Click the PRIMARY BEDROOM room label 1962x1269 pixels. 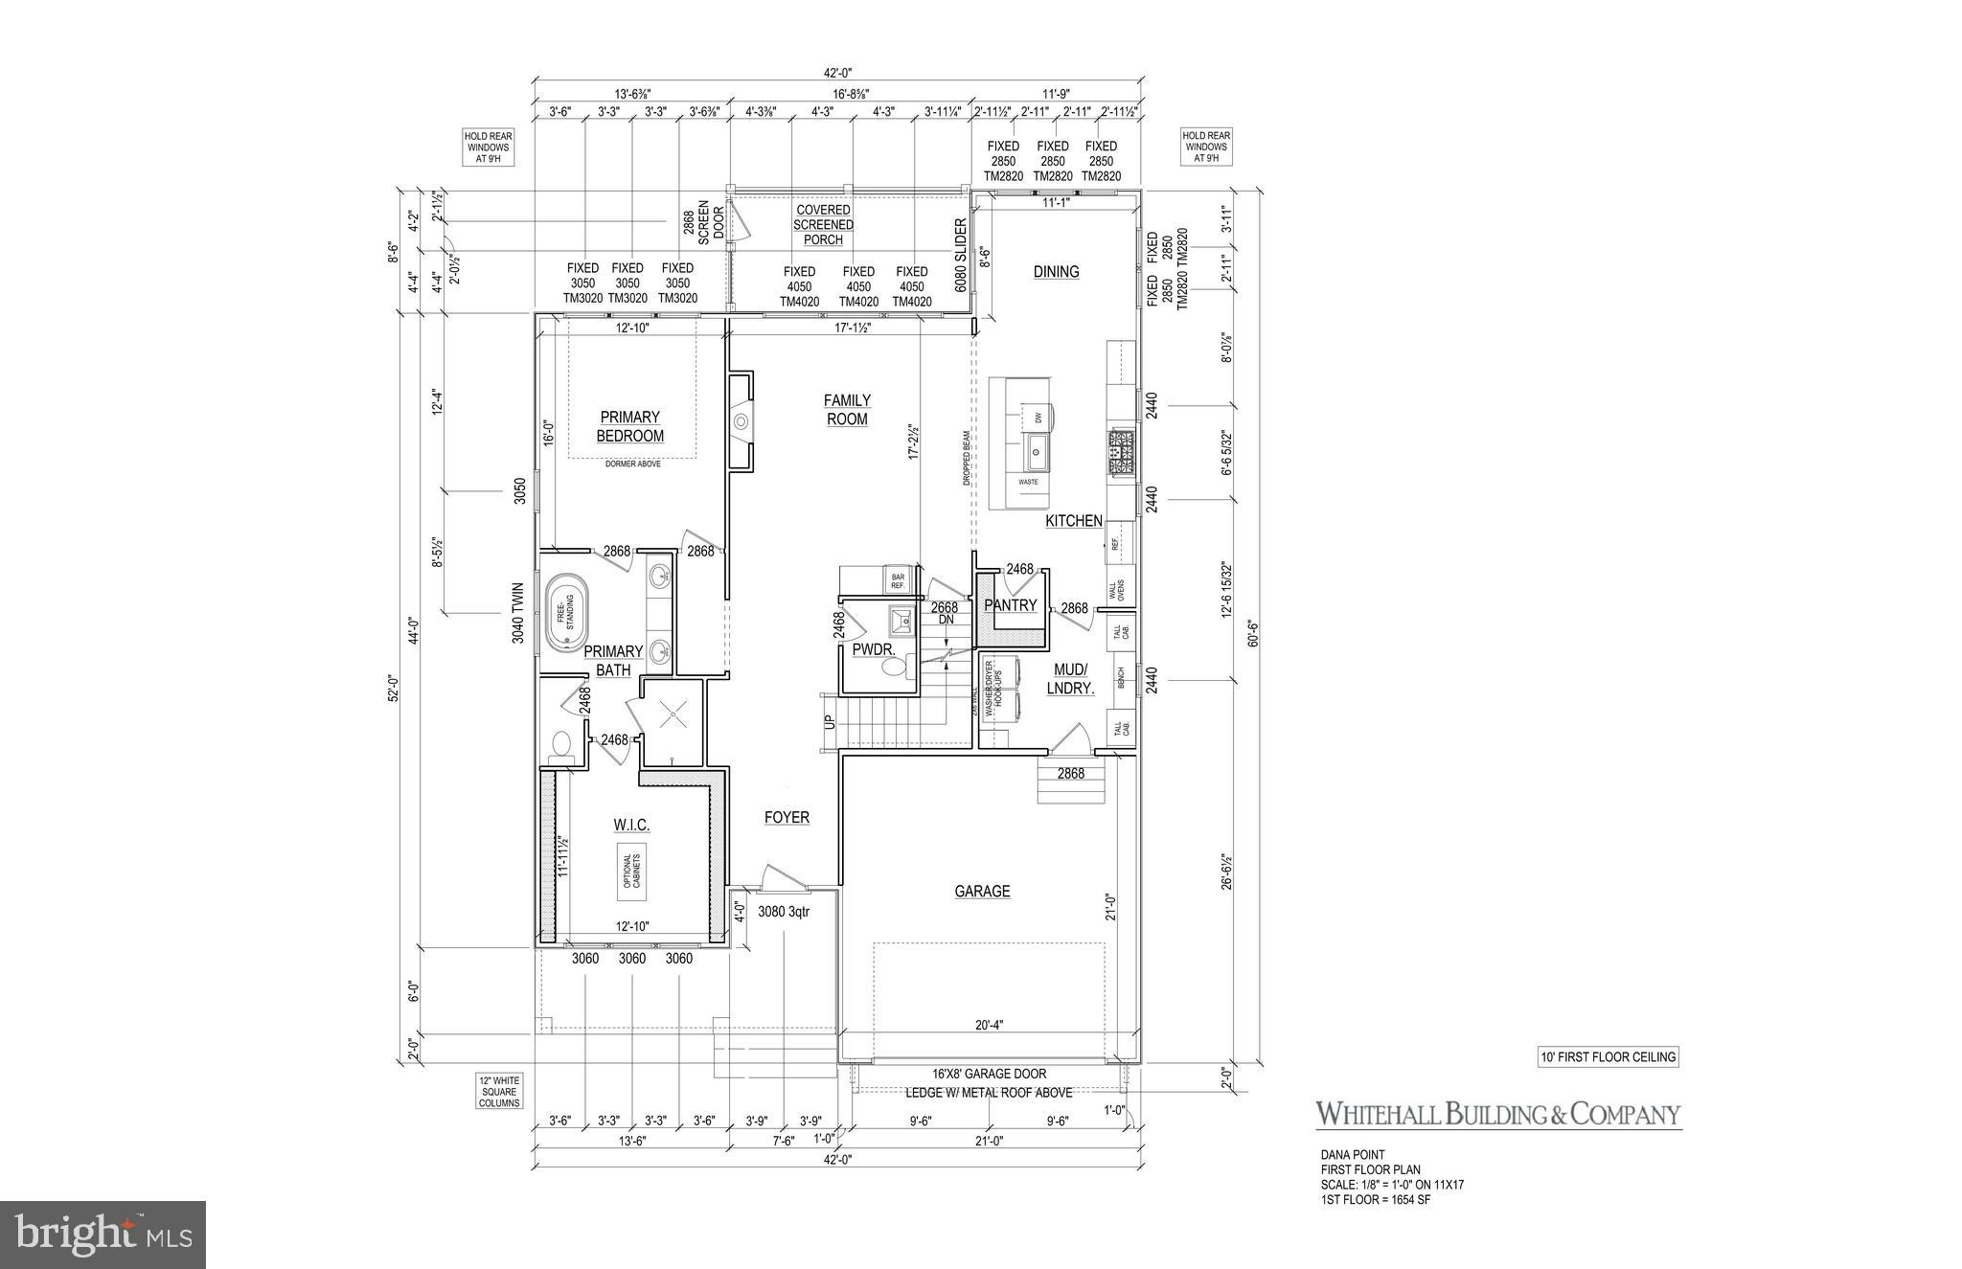(629, 426)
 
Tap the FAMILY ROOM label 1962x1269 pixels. (847, 410)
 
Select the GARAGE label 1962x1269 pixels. (982, 892)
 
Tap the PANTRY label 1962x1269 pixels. (1011, 605)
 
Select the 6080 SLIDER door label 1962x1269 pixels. (960, 257)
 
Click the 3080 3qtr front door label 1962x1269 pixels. (784, 912)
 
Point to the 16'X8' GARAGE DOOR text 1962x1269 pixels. (989, 1074)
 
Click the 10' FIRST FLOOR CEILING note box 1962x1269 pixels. (1603, 1057)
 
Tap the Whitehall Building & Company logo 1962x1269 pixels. (1498, 1114)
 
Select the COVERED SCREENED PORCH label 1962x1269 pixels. (823, 224)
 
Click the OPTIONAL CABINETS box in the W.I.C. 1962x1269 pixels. (630, 871)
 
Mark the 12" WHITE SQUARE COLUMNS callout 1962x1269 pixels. (499, 1091)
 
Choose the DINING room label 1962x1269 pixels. (1056, 272)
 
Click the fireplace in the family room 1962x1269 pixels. (740, 422)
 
